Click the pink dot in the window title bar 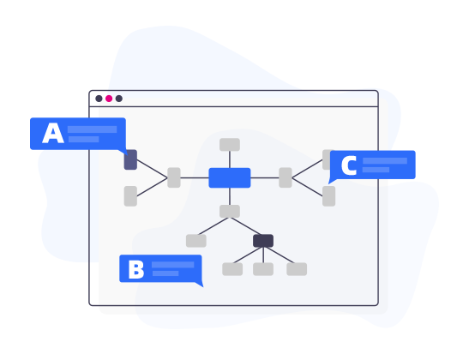pos(109,99)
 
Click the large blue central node pos(230,178)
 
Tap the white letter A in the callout pos(53,133)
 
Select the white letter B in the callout pos(136,269)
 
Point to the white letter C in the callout pos(349,165)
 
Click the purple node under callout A pos(130,159)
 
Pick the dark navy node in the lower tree pos(263,241)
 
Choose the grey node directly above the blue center pos(230,145)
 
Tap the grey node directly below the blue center pos(230,212)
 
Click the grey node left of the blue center pos(174,177)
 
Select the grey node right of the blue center pos(286,177)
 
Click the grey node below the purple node pos(130,196)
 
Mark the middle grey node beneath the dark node pos(263,269)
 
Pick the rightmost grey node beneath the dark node pos(297,269)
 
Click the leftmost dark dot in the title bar pos(99,99)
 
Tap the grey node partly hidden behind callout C pos(326,159)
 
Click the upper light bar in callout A pos(92,129)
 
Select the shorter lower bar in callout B pos(165,273)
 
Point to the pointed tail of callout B pos(203,286)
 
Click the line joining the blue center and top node pos(230,159)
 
